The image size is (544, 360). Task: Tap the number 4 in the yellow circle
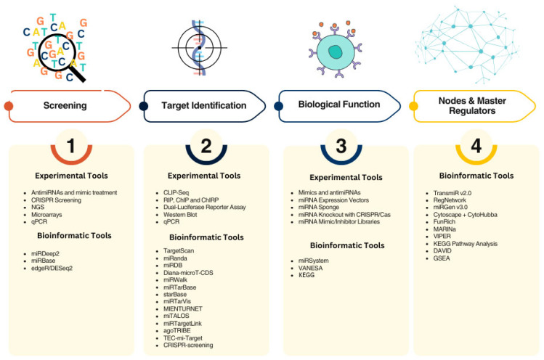[x=476, y=146]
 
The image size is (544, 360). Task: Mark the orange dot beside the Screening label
[x=9, y=106]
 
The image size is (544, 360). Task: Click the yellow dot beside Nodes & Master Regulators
[x=414, y=106]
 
